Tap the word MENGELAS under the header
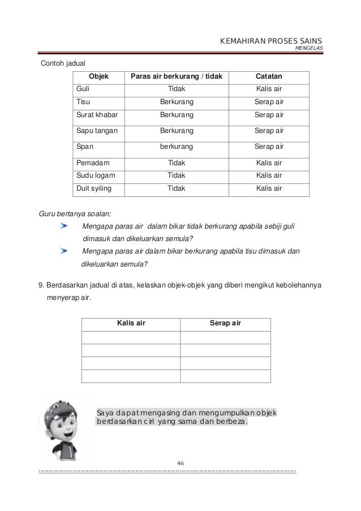[x=309, y=48]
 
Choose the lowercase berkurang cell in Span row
[x=176, y=147]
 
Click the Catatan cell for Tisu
[x=269, y=102]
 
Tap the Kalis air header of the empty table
[x=131, y=323]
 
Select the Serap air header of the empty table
[x=225, y=323]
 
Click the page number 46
[x=180, y=463]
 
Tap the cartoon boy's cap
[x=60, y=407]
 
